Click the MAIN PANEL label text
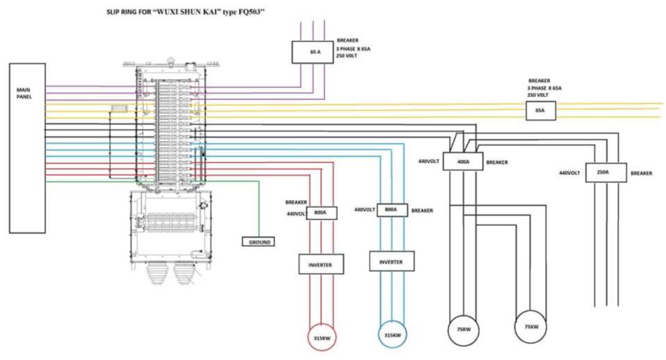(24, 93)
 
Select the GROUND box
(258, 241)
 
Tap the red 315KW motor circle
(322, 337)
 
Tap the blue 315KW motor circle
(393, 334)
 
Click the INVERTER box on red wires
(321, 264)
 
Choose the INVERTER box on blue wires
(392, 261)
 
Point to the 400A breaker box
(463, 161)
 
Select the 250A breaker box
(606, 172)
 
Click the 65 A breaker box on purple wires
(313, 52)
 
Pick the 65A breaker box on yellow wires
(541, 111)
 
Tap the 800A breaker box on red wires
(321, 213)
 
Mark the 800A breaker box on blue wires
(392, 210)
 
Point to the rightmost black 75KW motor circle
(530, 327)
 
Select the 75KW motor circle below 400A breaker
(464, 330)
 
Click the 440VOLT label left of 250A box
(569, 173)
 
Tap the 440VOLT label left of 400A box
(428, 161)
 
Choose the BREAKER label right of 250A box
(641, 173)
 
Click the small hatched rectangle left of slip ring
(119, 109)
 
